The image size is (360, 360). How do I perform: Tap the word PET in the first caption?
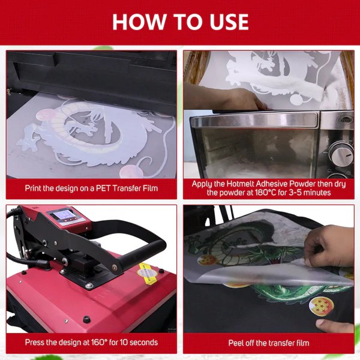coord(103,188)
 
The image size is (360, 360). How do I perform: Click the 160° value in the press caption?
coord(99,343)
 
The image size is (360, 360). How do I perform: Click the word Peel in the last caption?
coord(236,343)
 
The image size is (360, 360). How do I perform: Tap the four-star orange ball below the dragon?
coord(321,306)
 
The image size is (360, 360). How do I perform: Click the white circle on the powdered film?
coord(296,100)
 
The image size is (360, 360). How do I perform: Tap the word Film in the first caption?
coord(151,188)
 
